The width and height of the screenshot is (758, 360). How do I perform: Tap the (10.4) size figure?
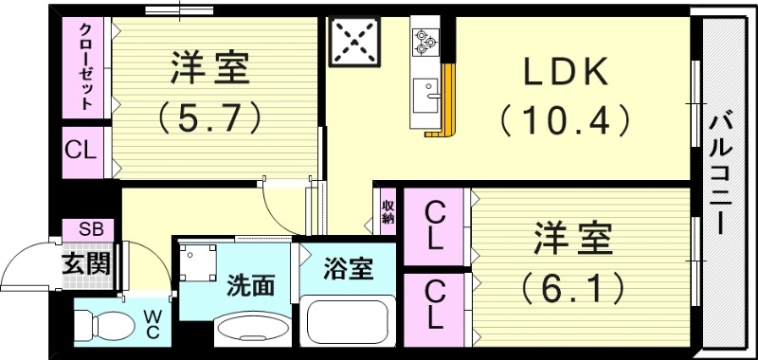[x=565, y=120]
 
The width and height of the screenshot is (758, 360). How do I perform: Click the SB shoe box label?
[x=90, y=229]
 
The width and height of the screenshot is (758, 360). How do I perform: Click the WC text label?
[x=152, y=325]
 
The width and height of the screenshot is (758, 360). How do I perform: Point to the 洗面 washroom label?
[x=250, y=285]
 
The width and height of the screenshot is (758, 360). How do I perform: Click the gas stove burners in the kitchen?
[x=424, y=40]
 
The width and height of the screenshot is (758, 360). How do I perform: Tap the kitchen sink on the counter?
[x=427, y=95]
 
